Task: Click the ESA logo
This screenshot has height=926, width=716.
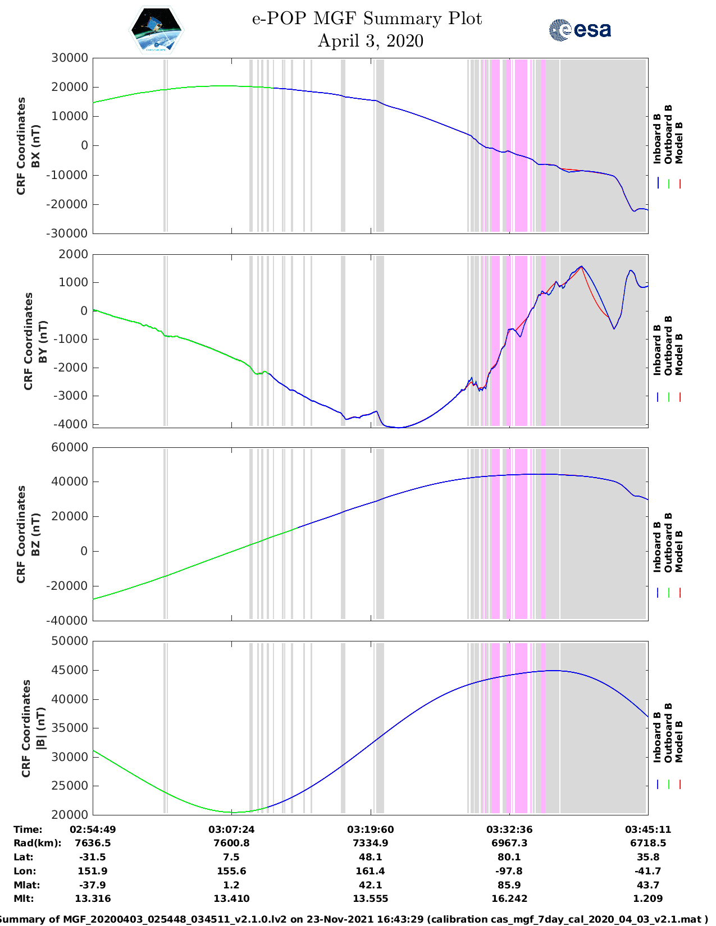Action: [x=580, y=30]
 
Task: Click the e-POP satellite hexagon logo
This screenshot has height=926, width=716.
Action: [x=157, y=30]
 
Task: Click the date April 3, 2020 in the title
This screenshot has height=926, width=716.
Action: [x=370, y=41]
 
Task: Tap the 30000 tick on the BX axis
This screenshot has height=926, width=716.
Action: [x=70, y=58]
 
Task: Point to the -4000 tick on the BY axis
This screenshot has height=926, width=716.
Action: [x=71, y=424]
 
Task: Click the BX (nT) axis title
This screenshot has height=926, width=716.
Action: [x=36, y=146]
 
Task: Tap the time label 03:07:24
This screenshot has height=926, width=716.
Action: [x=231, y=829]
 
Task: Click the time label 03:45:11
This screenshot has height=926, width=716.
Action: [x=648, y=829]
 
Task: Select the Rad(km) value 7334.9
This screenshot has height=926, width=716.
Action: [x=370, y=843]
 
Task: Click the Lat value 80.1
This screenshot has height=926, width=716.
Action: [x=509, y=857]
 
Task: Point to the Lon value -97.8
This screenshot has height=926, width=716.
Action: [x=509, y=871]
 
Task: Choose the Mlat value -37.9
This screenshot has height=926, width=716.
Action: [x=93, y=885]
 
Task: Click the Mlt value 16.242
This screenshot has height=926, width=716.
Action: [x=509, y=899]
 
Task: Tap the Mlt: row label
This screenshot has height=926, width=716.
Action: [x=24, y=899]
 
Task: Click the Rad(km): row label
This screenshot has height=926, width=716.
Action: [x=37, y=843]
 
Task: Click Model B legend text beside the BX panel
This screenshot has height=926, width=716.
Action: [x=679, y=143]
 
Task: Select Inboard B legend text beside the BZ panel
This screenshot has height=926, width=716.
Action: [x=657, y=547]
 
